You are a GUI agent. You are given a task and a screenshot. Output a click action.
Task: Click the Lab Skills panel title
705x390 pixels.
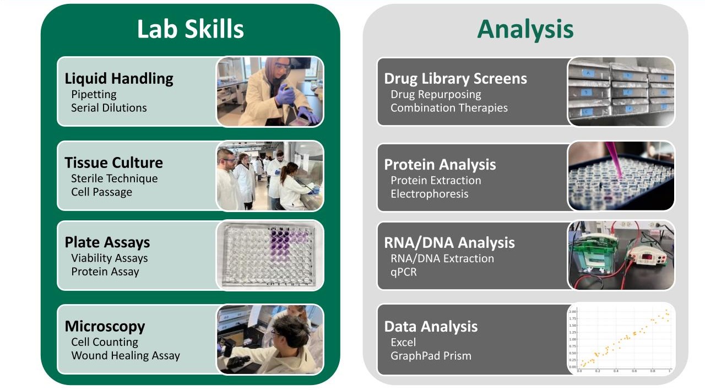[x=191, y=29]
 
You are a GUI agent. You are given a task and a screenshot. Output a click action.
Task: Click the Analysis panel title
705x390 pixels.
[x=525, y=29]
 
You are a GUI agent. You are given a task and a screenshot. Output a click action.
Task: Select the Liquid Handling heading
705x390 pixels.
[x=119, y=79]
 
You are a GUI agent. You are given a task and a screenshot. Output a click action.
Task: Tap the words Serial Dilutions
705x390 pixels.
[x=109, y=108]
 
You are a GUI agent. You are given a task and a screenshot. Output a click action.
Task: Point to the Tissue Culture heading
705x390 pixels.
[x=113, y=163]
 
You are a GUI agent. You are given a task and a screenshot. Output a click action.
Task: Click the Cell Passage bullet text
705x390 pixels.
[x=101, y=192]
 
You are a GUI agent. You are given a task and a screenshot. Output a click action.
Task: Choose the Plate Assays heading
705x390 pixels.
[x=107, y=242]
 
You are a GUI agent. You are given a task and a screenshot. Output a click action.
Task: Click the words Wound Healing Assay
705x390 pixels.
[x=126, y=356]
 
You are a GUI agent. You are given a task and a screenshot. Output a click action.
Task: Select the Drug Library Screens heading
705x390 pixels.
[x=455, y=79]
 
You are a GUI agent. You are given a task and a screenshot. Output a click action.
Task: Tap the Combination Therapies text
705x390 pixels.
[x=449, y=108]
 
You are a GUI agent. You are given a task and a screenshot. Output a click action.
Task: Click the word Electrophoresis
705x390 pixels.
[x=430, y=194]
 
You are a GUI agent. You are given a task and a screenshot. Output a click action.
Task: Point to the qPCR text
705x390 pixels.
[x=404, y=272]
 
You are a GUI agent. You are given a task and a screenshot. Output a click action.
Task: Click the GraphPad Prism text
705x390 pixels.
[x=431, y=356]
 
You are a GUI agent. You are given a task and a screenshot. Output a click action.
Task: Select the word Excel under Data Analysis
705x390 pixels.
[x=403, y=343]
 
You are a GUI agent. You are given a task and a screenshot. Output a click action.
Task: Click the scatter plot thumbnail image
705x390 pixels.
[x=621, y=339]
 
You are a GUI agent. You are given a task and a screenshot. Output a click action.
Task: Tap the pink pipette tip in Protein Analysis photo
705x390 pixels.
[x=617, y=166]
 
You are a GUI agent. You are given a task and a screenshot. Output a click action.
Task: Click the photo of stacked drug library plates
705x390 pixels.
[x=621, y=91]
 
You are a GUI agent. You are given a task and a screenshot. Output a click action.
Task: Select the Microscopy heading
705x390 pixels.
[x=105, y=326]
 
